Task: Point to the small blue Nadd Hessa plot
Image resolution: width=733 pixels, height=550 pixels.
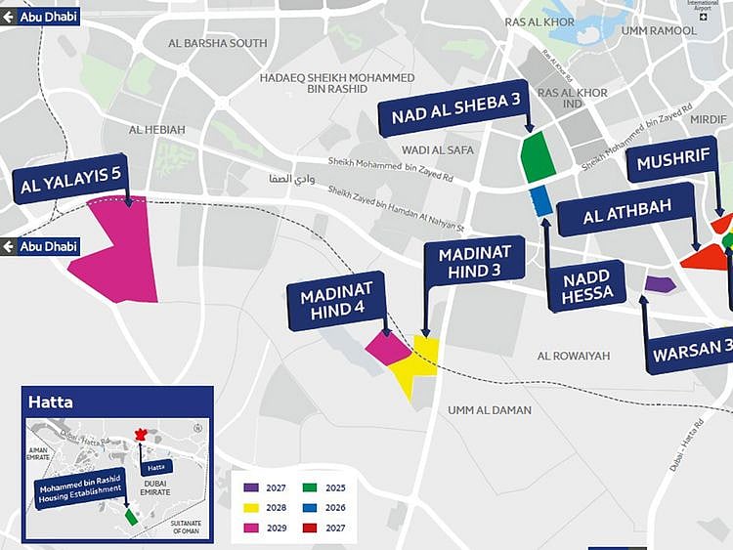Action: click(x=540, y=200)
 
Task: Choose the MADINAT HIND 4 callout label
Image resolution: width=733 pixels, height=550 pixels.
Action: click(x=335, y=301)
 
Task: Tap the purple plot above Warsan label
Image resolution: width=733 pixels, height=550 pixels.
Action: click(x=661, y=284)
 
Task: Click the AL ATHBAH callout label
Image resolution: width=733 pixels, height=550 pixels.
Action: click(x=625, y=215)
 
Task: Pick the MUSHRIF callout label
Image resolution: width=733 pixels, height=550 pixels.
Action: click(x=672, y=162)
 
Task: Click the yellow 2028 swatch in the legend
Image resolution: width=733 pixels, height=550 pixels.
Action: click(x=251, y=508)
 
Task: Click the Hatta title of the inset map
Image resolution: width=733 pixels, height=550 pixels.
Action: click(x=51, y=401)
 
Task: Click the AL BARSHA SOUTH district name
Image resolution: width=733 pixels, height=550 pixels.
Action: click(x=217, y=43)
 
